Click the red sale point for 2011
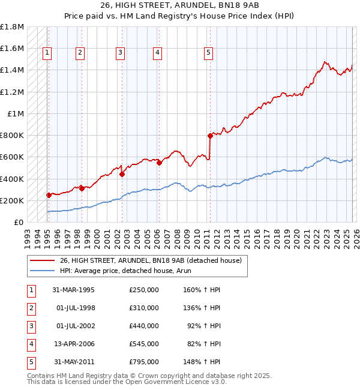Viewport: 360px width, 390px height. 210,136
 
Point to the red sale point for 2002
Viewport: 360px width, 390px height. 122,175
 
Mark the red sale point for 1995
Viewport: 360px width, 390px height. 49,195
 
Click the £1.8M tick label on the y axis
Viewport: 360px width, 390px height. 12,27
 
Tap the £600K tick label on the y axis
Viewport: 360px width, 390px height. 12,157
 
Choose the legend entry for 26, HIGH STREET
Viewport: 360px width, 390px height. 150,260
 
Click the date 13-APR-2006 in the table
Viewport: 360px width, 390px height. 73,344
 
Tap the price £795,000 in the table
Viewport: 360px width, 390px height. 144,362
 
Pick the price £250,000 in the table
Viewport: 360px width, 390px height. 144,290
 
